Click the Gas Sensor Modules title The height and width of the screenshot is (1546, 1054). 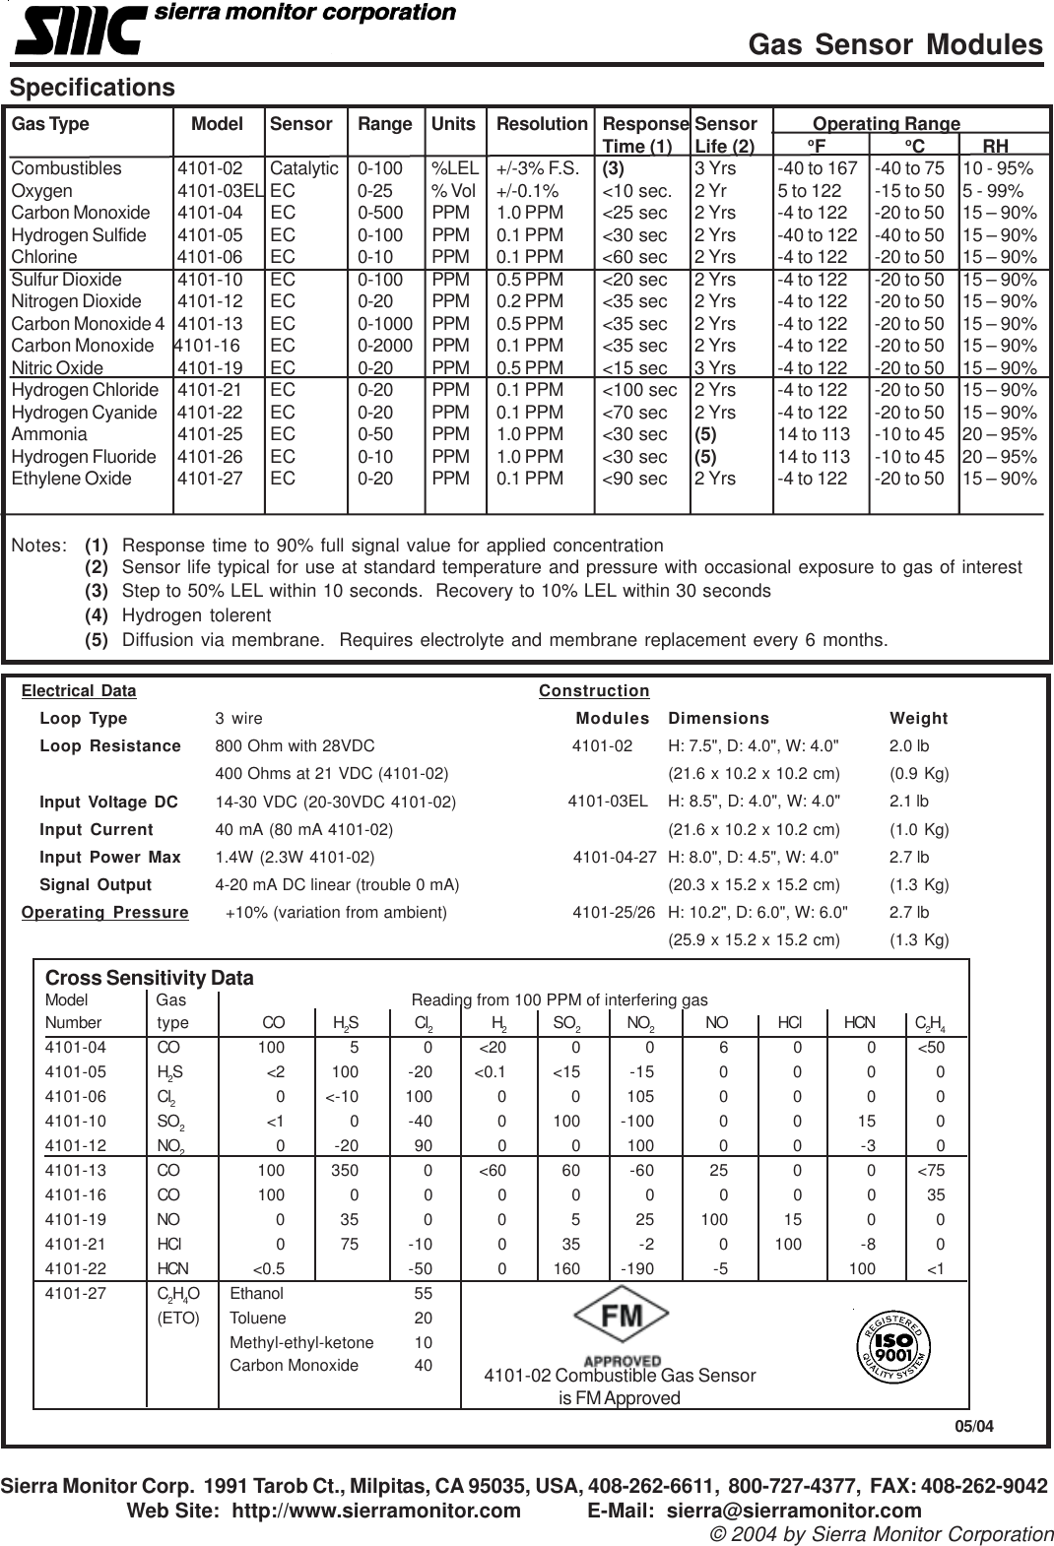coord(894,44)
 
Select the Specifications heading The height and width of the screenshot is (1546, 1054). coord(93,88)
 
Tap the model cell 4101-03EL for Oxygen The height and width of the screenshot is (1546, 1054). coord(222,191)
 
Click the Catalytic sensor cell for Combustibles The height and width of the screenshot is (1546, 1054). coord(303,168)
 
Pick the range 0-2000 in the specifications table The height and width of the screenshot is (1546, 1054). coord(384,346)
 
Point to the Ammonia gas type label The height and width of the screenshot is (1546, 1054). coord(49,434)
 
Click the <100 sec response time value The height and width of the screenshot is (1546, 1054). coord(639,390)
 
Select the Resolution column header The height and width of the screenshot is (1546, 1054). coord(541,124)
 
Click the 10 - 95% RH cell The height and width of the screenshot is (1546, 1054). coord(999,168)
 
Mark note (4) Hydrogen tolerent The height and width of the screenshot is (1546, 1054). coord(195,615)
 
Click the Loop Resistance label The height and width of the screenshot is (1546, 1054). coord(110,746)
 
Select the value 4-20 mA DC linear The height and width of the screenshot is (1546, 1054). coord(337,884)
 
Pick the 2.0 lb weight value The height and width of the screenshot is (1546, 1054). coord(908,746)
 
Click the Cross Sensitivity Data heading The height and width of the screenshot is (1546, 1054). coord(150,978)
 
